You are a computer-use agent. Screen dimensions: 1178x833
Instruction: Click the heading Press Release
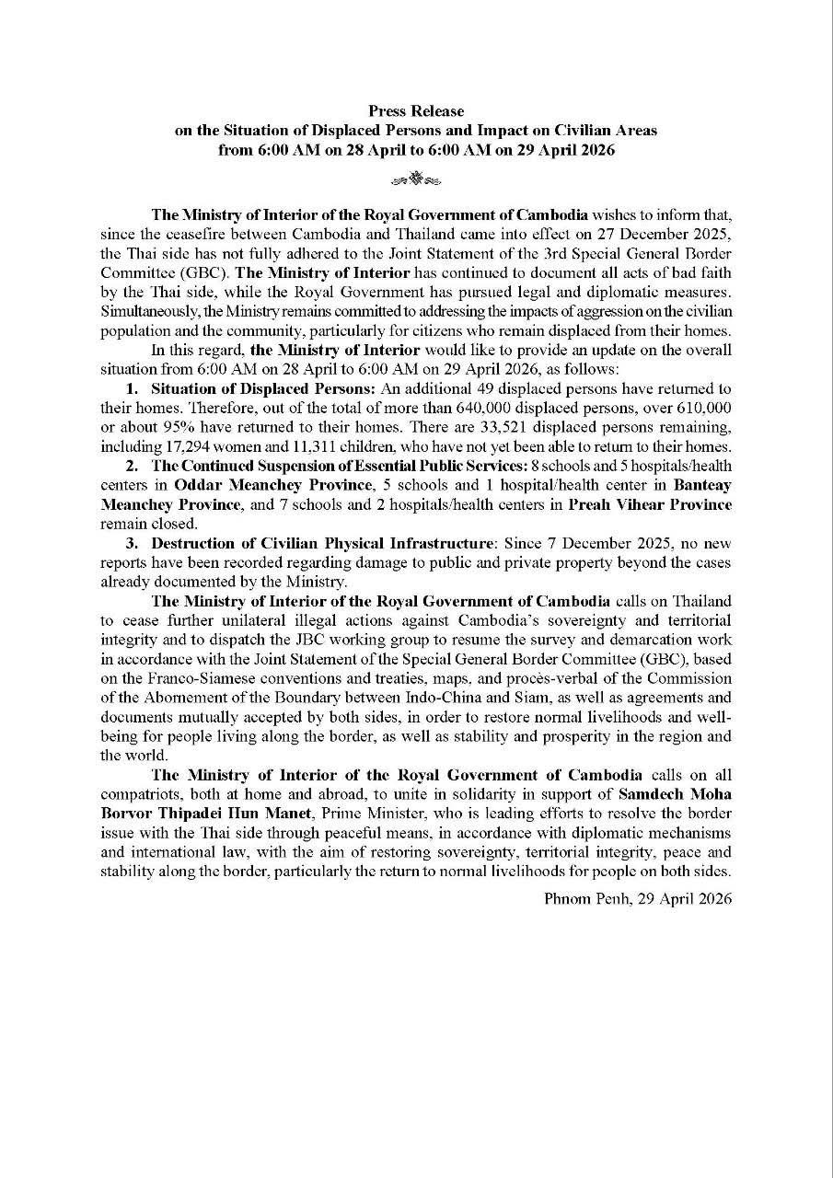(416, 111)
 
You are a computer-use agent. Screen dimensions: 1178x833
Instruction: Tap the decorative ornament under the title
(416, 178)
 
